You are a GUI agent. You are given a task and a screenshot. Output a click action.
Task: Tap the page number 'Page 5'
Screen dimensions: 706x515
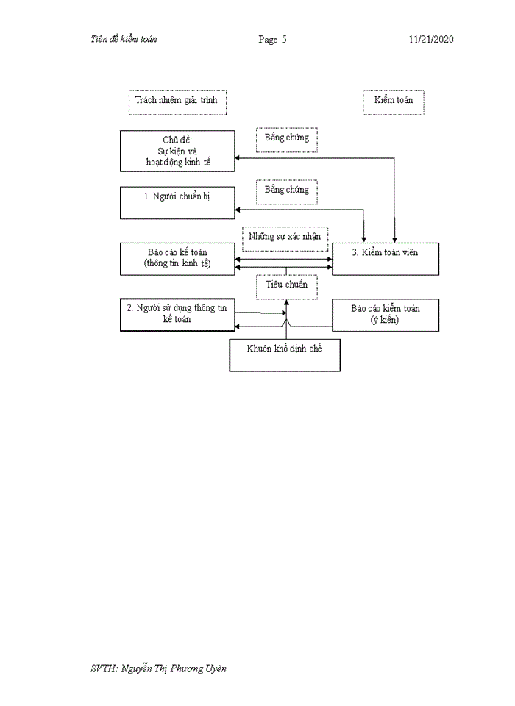[x=272, y=40]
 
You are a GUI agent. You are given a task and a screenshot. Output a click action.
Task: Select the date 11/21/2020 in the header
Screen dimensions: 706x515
[x=431, y=40]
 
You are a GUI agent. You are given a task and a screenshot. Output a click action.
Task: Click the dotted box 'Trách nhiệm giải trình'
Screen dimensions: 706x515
[x=177, y=101]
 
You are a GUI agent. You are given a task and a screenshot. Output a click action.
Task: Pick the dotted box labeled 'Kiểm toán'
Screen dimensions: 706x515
[x=394, y=101]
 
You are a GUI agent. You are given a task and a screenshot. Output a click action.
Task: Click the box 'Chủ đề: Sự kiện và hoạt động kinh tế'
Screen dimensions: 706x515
[x=177, y=151]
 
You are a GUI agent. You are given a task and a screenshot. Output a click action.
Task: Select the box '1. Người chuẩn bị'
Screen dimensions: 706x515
[x=177, y=202]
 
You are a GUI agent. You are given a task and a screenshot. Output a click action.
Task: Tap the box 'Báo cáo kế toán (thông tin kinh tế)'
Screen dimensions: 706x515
[x=177, y=258]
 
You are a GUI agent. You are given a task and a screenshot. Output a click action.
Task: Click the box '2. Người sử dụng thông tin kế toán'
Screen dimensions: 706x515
[x=177, y=314]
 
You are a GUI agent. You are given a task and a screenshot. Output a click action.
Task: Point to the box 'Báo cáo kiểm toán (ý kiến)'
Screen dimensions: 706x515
[x=386, y=314]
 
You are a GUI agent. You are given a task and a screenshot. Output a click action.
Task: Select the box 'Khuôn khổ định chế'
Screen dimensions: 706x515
[x=285, y=354]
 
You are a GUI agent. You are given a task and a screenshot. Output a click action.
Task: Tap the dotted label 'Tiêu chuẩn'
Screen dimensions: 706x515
[x=286, y=285]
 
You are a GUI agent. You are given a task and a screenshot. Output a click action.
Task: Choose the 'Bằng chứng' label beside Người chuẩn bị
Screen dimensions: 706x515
[x=287, y=190]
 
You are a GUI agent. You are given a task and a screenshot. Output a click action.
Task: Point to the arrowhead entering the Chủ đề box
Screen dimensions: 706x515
[x=238, y=157]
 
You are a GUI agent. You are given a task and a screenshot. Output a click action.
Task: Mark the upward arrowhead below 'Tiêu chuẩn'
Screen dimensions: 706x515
[x=286, y=302]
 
